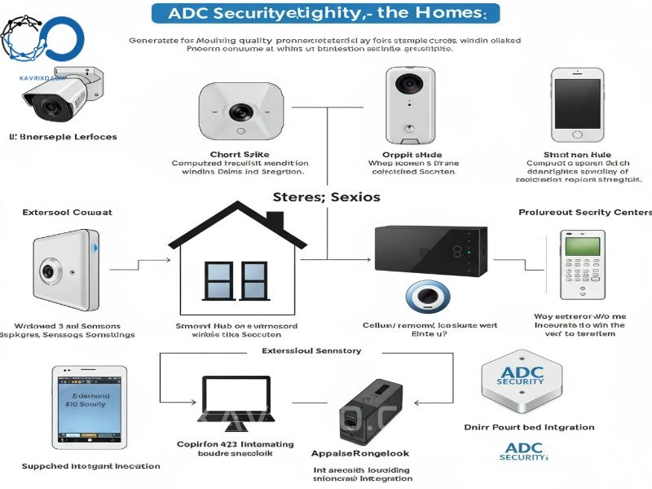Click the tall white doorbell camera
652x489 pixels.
[x=408, y=102]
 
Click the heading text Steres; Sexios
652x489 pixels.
[x=326, y=197]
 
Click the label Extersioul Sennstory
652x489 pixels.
[x=311, y=350]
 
